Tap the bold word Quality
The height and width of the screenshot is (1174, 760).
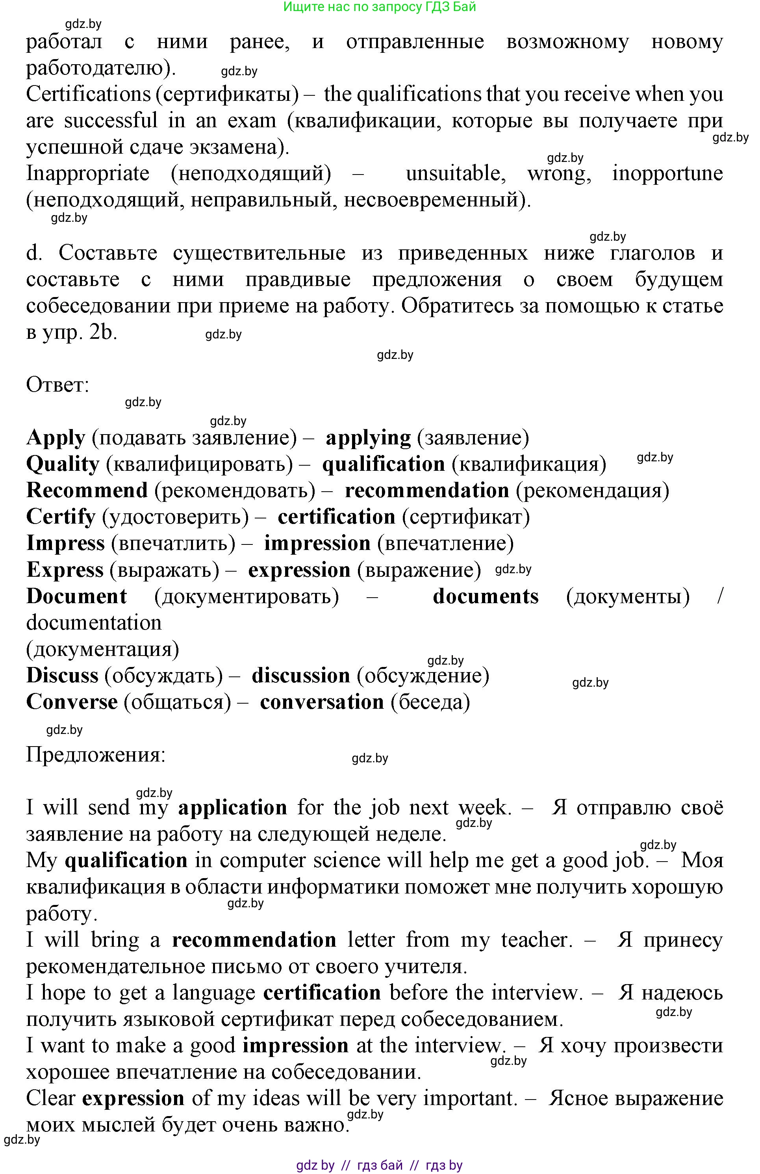tap(63, 464)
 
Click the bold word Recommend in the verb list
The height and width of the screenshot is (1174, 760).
tap(87, 490)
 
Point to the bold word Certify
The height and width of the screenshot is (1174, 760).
tap(61, 517)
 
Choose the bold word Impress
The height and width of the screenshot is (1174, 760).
tap(65, 543)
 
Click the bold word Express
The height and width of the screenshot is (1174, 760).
tap(65, 570)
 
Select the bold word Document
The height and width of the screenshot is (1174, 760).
tap(76, 596)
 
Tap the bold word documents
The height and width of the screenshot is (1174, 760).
tap(485, 596)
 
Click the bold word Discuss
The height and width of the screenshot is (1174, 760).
tap(62, 675)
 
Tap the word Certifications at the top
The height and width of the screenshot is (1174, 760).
tap(88, 94)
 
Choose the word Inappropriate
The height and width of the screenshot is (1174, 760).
tap(87, 173)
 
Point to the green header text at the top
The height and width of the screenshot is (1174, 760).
tap(379, 7)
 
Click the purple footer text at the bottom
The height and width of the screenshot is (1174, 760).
tap(379, 1165)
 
